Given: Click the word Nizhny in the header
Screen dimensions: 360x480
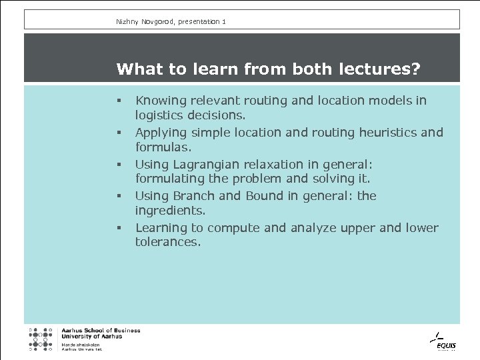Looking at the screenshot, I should (127, 22).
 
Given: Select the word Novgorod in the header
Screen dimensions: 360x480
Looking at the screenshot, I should (155, 22).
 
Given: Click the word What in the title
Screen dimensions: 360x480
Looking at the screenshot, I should (136, 69).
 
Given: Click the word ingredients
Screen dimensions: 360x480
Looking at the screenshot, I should (170, 210).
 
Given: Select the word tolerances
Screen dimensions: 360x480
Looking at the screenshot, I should (167, 242).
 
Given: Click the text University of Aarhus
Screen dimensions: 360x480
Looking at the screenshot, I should (91, 337).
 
